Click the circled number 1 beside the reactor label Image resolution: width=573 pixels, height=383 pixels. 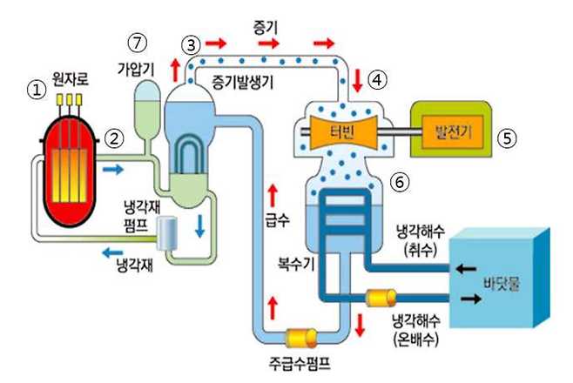tap(35, 89)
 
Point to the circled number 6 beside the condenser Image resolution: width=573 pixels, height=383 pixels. tap(399, 184)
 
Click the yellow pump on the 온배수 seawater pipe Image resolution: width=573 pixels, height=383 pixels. tap(381, 299)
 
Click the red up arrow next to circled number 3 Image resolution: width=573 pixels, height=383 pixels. tap(176, 67)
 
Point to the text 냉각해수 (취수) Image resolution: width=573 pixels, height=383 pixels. tap(421, 241)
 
